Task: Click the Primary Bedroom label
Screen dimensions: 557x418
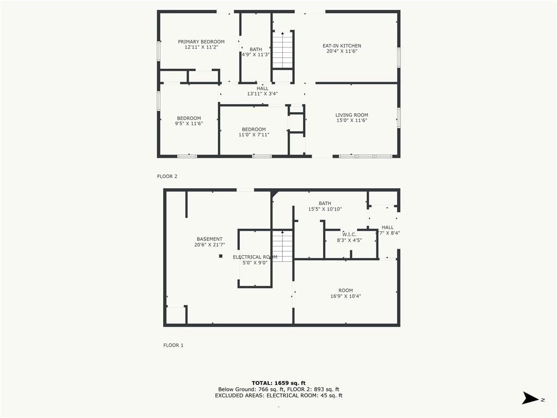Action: click(x=201, y=41)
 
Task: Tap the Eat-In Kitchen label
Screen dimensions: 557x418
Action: click(x=342, y=46)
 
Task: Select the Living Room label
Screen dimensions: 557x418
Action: click(x=352, y=115)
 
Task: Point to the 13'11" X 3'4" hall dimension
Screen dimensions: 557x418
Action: click(x=263, y=94)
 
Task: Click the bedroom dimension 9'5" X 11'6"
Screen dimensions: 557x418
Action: click(x=189, y=124)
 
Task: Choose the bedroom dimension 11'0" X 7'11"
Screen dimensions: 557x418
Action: click(x=254, y=135)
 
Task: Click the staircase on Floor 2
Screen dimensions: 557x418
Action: click(x=283, y=50)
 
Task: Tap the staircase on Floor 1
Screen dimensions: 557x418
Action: click(x=282, y=246)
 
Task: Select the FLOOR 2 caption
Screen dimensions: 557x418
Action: click(x=167, y=176)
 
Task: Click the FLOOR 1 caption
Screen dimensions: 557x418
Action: click(x=174, y=345)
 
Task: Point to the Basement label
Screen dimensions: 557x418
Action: click(x=209, y=239)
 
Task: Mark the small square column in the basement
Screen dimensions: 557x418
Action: click(x=221, y=256)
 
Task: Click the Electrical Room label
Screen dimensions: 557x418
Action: click(x=255, y=257)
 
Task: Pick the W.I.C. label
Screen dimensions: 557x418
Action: click(x=349, y=235)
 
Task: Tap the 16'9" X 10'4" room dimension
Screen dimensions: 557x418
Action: click(x=345, y=296)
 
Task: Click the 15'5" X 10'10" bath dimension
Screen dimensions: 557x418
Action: click(x=325, y=209)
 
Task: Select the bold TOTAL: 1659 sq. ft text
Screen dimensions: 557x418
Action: click(x=278, y=383)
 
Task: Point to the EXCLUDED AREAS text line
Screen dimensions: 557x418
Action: click(x=278, y=395)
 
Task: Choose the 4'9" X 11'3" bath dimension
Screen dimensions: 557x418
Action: click(x=256, y=55)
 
